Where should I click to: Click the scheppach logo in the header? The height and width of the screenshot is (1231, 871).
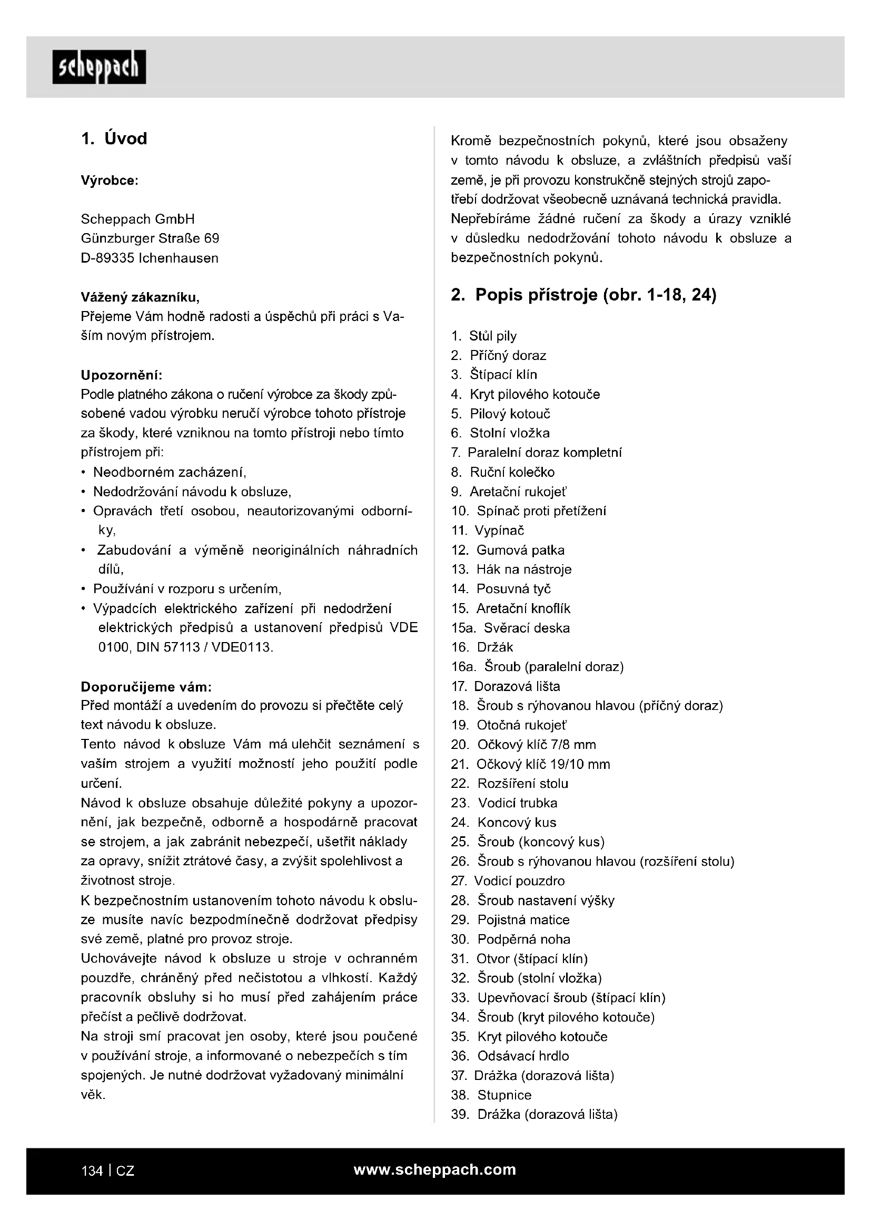[98, 67]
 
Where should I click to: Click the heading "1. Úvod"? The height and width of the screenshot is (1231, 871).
[114, 139]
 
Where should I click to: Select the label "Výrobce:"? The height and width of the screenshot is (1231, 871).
[110, 181]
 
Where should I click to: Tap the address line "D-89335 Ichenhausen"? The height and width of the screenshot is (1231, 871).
[150, 258]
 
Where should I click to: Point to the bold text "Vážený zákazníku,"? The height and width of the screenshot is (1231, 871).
[140, 296]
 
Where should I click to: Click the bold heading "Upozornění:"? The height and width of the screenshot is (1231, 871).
[121, 374]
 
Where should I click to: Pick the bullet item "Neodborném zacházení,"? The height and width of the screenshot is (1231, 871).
[170, 472]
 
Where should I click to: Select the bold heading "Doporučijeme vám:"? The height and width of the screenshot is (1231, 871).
[146, 687]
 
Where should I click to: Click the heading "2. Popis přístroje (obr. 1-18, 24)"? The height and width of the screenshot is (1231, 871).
[583, 295]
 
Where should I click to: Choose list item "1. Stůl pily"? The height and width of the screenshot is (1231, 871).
[484, 336]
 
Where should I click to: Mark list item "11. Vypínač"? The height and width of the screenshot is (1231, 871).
[488, 531]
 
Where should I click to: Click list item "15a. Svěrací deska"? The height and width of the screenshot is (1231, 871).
[510, 628]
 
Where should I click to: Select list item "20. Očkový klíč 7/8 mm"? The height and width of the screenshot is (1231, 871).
[523, 744]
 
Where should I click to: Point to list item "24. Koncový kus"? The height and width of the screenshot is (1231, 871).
[503, 822]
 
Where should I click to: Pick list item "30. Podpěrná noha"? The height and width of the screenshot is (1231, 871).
[511, 939]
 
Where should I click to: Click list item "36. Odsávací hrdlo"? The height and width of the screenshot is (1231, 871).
[510, 1056]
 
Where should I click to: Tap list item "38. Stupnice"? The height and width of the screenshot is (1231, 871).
[491, 1094]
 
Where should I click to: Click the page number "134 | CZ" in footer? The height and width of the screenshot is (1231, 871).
[108, 1171]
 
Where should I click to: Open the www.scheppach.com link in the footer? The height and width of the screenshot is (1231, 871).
[435, 1169]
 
